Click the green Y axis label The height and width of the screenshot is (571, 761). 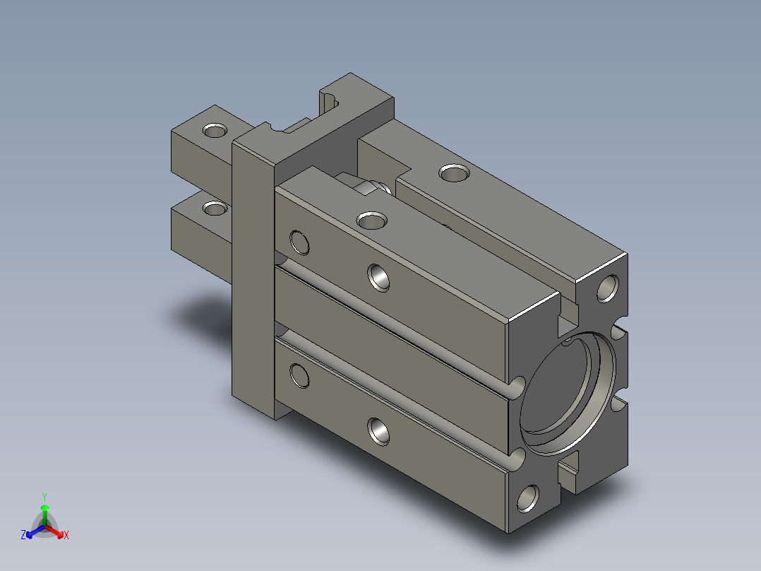click(44, 497)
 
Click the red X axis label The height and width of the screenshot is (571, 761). click(66, 536)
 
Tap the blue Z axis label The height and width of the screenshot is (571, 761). click(23, 535)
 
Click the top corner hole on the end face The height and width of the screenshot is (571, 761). click(608, 288)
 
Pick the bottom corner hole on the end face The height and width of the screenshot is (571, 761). click(528, 498)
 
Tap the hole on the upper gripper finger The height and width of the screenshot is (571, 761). click(215, 130)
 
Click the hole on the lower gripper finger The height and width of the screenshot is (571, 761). click(215, 208)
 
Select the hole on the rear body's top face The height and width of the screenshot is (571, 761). click(455, 172)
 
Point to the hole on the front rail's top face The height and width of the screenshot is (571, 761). click(372, 220)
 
